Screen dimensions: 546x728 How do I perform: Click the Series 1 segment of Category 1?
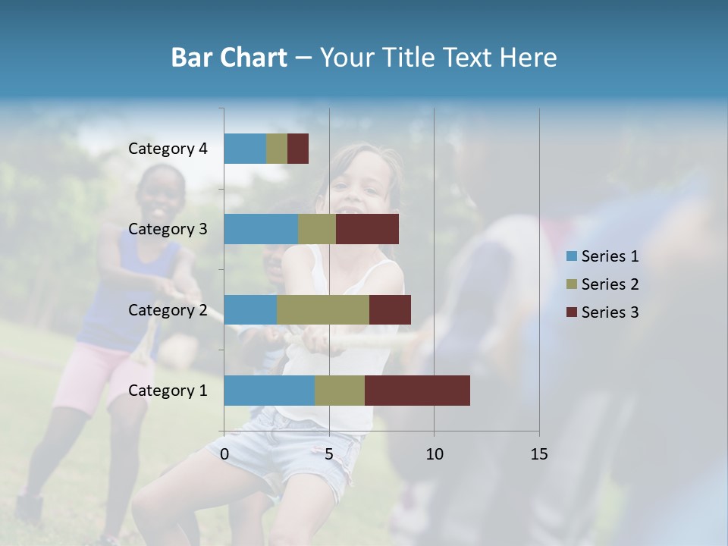(x=269, y=391)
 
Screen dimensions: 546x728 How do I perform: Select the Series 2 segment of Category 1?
(x=340, y=391)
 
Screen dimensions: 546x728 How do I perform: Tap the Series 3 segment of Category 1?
(x=417, y=391)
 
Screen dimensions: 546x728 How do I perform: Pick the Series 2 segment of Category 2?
(x=323, y=309)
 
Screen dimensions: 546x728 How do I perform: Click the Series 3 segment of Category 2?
(x=390, y=309)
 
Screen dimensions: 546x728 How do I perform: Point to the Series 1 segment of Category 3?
(x=261, y=229)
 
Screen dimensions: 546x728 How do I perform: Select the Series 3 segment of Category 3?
(x=367, y=229)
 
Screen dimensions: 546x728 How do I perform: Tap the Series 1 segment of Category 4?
(x=245, y=149)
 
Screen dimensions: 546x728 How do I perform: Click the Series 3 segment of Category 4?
(x=298, y=149)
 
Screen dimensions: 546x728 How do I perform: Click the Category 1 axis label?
(x=168, y=391)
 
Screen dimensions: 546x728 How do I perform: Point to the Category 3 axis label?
(x=168, y=229)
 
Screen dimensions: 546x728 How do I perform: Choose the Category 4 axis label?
(x=168, y=149)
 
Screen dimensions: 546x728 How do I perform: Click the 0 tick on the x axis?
(x=224, y=454)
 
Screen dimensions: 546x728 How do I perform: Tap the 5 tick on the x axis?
(x=329, y=454)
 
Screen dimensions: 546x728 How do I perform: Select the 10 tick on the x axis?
(x=434, y=454)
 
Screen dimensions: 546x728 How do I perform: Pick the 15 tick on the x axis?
(x=538, y=454)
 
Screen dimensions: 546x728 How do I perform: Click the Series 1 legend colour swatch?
(x=571, y=256)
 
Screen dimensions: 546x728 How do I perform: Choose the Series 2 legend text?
(x=610, y=284)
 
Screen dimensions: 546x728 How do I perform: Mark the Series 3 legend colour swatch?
(x=571, y=312)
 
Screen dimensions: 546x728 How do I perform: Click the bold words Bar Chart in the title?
(x=229, y=58)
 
